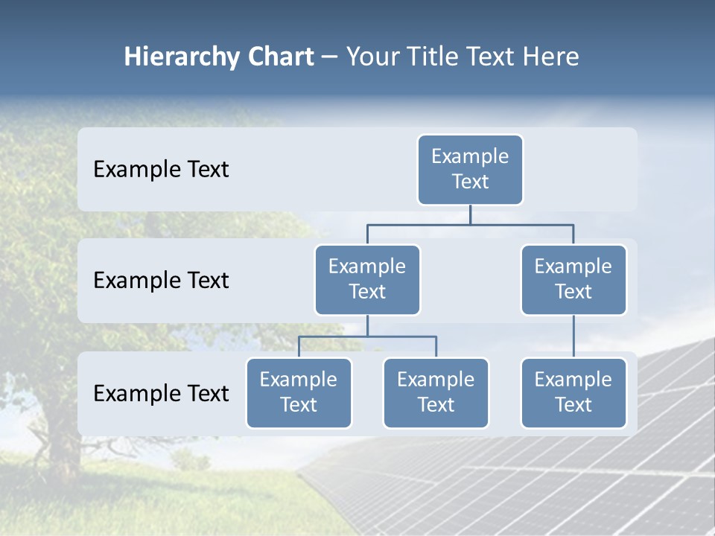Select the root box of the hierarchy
470,170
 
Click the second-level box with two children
367,280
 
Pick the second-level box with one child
573,280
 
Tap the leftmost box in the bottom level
299,393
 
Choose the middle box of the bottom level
436,393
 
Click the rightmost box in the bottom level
573,393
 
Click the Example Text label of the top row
161,170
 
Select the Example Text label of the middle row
161,281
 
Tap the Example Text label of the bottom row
161,393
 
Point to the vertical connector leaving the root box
470,214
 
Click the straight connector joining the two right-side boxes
573,336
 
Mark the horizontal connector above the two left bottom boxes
367,336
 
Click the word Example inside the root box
470,156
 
